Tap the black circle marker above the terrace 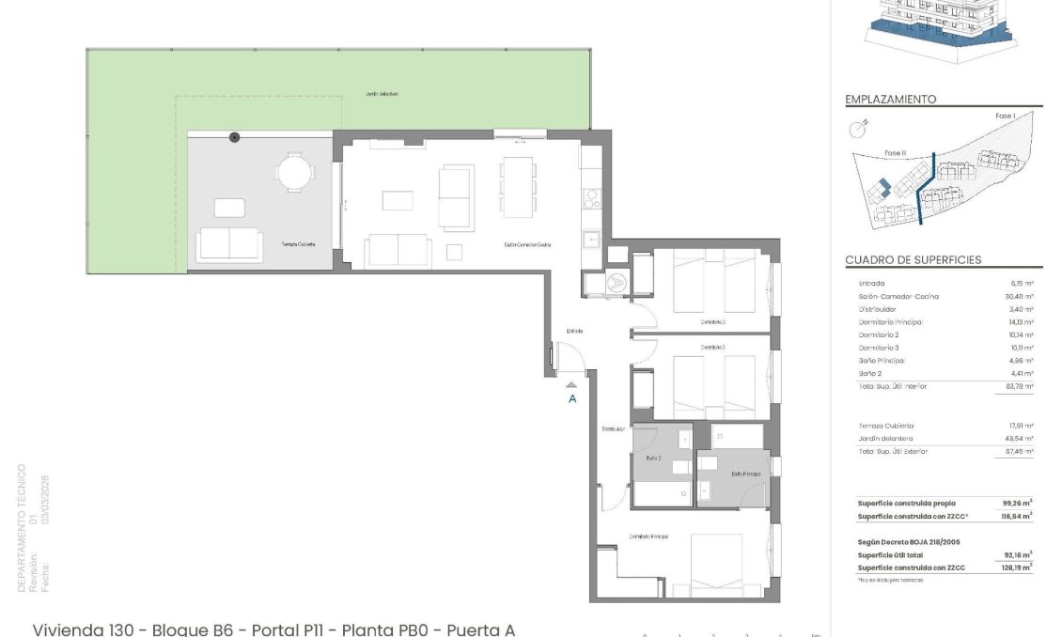pyautogui.click(x=234, y=137)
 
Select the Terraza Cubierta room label pyautogui.click(x=298, y=244)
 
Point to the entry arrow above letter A pyautogui.click(x=570, y=383)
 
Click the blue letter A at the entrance pyautogui.click(x=571, y=398)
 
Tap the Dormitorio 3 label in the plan pyautogui.click(x=713, y=321)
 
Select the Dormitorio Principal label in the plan pyautogui.click(x=648, y=536)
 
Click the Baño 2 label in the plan pyautogui.click(x=654, y=458)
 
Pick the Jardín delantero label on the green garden pyautogui.click(x=383, y=94)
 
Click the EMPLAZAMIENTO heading pyautogui.click(x=890, y=100)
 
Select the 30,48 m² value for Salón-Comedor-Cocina pyautogui.click(x=1020, y=296)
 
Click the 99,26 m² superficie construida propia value pyautogui.click(x=1018, y=503)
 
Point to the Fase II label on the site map pyautogui.click(x=895, y=152)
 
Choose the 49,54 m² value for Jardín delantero pyautogui.click(x=1020, y=439)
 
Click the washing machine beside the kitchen pyautogui.click(x=617, y=280)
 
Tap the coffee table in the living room pyautogui.click(x=398, y=200)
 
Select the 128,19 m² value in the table pyautogui.click(x=1018, y=567)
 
